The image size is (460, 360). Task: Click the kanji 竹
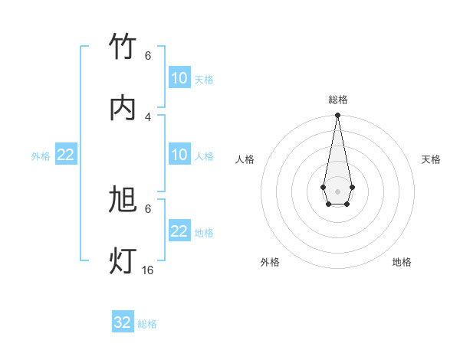pyautogui.click(x=123, y=47)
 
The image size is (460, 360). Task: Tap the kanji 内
pyautogui.click(x=123, y=108)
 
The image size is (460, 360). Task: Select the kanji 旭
pyautogui.click(x=123, y=201)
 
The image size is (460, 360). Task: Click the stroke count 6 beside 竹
pyautogui.click(x=148, y=55)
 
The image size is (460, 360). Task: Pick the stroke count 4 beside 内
pyautogui.click(x=148, y=116)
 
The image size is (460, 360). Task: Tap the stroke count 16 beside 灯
pyautogui.click(x=148, y=270)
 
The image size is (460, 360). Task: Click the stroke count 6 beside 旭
pyautogui.click(x=148, y=208)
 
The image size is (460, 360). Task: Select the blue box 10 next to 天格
pyautogui.click(x=179, y=78)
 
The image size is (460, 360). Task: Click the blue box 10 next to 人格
pyautogui.click(x=179, y=155)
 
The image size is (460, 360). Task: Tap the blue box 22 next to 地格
pyautogui.click(x=179, y=231)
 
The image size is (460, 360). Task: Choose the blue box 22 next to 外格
pyautogui.click(x=66, y=155)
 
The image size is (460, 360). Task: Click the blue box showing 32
pyautogui.click(x=123, y=322)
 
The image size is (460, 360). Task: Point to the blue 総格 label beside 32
pyautogui.click(x=147, y=324)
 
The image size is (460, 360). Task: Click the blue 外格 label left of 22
pyautogui.click(x=41, y=156)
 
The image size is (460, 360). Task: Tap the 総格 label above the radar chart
pyautogui.click(x=338, y=100)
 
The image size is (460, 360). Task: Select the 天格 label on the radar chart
pyautogui.click(x=431, y=159)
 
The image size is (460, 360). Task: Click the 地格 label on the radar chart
pyautogui.click(x=402, y=262)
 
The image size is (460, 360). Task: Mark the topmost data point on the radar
pyautogui.click(x=337, y=116)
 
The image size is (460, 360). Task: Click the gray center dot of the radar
pyautogui.click(x=337, y=191)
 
